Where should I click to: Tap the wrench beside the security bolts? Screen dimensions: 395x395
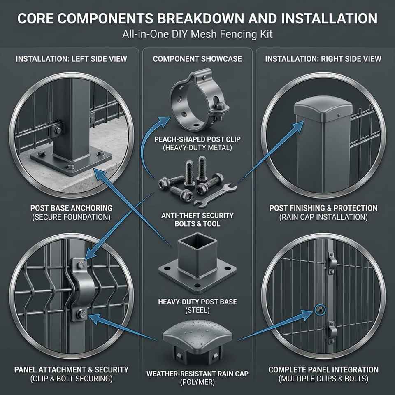point(215,195)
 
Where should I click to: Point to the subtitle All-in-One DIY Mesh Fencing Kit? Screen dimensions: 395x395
point(197,34)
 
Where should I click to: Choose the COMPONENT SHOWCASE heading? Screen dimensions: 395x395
point(197,59)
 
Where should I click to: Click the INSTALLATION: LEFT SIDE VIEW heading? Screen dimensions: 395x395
point(71,59)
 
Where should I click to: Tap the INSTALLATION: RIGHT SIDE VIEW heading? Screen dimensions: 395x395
point(323,59)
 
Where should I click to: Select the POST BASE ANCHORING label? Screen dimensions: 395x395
point(71,208)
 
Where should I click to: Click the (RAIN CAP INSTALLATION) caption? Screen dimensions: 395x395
point(323,217)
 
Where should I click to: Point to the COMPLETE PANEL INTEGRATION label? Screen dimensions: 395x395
point(323,370)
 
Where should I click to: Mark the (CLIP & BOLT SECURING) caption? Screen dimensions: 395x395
point(71,379)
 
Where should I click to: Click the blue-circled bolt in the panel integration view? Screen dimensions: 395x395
point(320,310)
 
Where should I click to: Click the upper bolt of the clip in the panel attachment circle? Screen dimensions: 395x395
point(81,265)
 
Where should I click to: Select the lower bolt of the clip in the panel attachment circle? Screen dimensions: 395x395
point(82,314)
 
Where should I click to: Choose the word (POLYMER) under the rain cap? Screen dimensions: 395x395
point(197,382)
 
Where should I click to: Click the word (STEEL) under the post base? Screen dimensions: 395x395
point(197,310)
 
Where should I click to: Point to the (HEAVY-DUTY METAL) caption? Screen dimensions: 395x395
point(197,148)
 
